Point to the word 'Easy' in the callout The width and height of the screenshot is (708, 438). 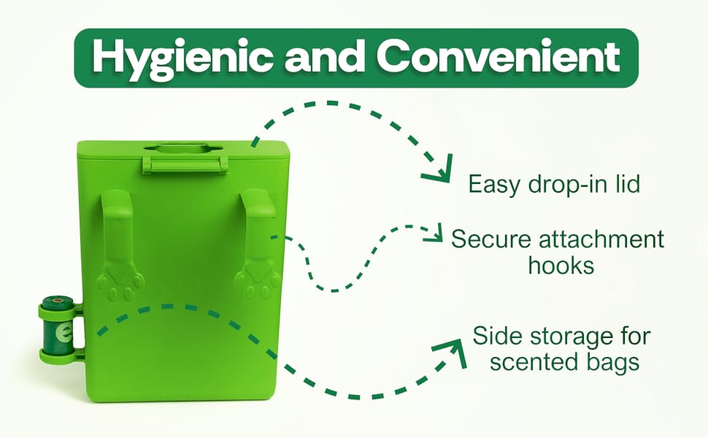493,184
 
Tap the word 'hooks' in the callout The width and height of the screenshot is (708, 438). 561,265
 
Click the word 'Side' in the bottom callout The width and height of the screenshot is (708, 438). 497,337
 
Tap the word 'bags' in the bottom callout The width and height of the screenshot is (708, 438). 611,362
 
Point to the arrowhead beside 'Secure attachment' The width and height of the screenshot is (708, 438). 436,234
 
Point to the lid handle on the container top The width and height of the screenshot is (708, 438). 180,160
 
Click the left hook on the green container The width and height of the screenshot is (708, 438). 118,219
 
